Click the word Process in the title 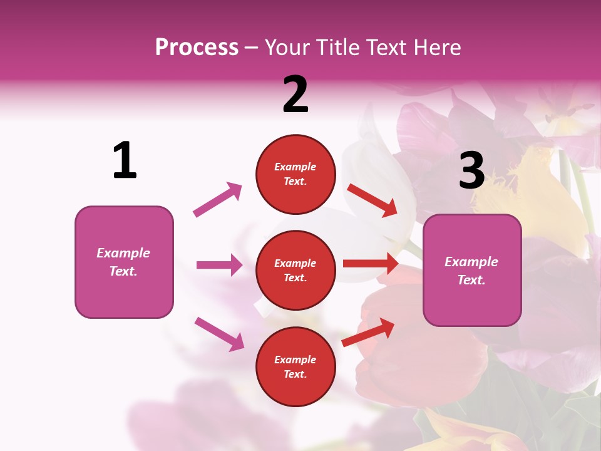[197, 47]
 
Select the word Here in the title [436, 47]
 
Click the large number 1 [125, 160]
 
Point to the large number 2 [295, 95]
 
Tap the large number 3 [471, 170]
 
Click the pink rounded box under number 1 [124, 262]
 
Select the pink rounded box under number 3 [472, 270]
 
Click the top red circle [295, 174]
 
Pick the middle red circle [295, 270]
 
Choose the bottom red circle [295, 366]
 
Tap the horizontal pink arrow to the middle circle [219, 265]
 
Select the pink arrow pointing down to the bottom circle [219, 333]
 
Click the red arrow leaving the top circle [372, 200]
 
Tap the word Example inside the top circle [295, 167]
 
